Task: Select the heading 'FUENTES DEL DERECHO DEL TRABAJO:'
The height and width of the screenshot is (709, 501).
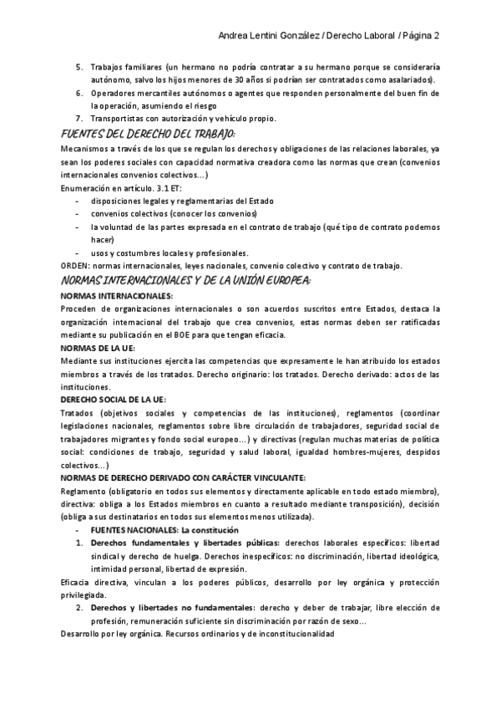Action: [x=149, y=134]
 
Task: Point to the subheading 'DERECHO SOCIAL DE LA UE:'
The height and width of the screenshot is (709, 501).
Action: [x=114, y=400]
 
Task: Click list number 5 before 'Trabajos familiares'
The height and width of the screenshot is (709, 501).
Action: [x=79, y=65]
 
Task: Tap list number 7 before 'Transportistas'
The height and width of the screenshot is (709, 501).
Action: [x=79, y=119]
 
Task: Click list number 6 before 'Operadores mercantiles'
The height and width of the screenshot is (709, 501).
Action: [x=79, y=92]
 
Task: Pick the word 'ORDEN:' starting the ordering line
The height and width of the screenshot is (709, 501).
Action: [x=75, y=266]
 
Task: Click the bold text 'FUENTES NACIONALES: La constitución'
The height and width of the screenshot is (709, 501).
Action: [x=159, y=530]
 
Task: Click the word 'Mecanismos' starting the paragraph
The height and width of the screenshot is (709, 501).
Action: [x=84, y=148]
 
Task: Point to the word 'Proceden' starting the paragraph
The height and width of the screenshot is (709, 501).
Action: [x=79, y=309]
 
